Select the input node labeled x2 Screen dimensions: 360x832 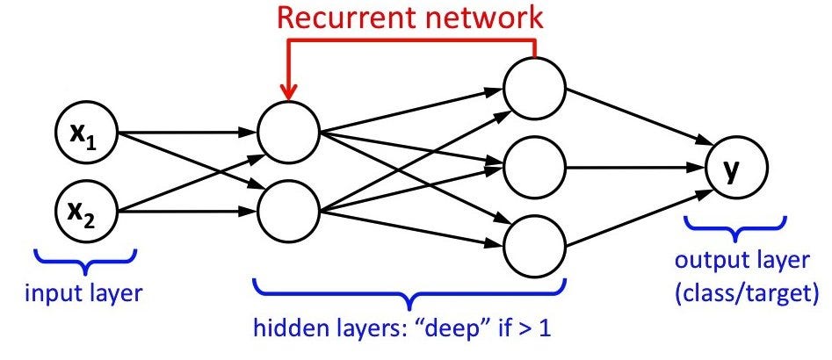click(x=88, y=211)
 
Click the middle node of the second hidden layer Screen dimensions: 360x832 click(x=533, y=165)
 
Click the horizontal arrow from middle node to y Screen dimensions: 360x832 click(x=633, y=166)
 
